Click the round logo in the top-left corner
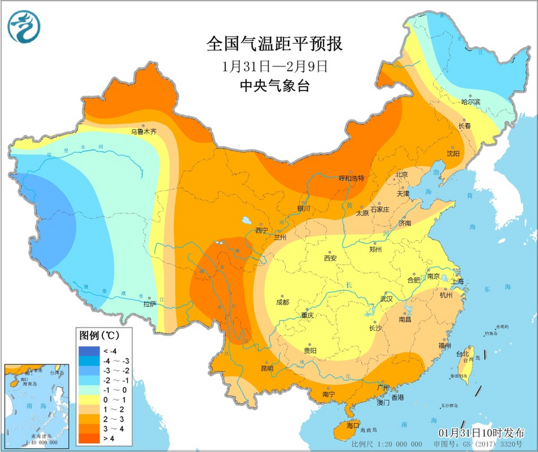24,25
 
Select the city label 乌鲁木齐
143,132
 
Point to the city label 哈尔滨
471,102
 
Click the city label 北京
401,174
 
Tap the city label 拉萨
149,303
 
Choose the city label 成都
282,302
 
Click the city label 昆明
266,368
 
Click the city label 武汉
385,297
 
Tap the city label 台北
462,354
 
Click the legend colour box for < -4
87,351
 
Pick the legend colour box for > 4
87,439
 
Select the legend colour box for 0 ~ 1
87,400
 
